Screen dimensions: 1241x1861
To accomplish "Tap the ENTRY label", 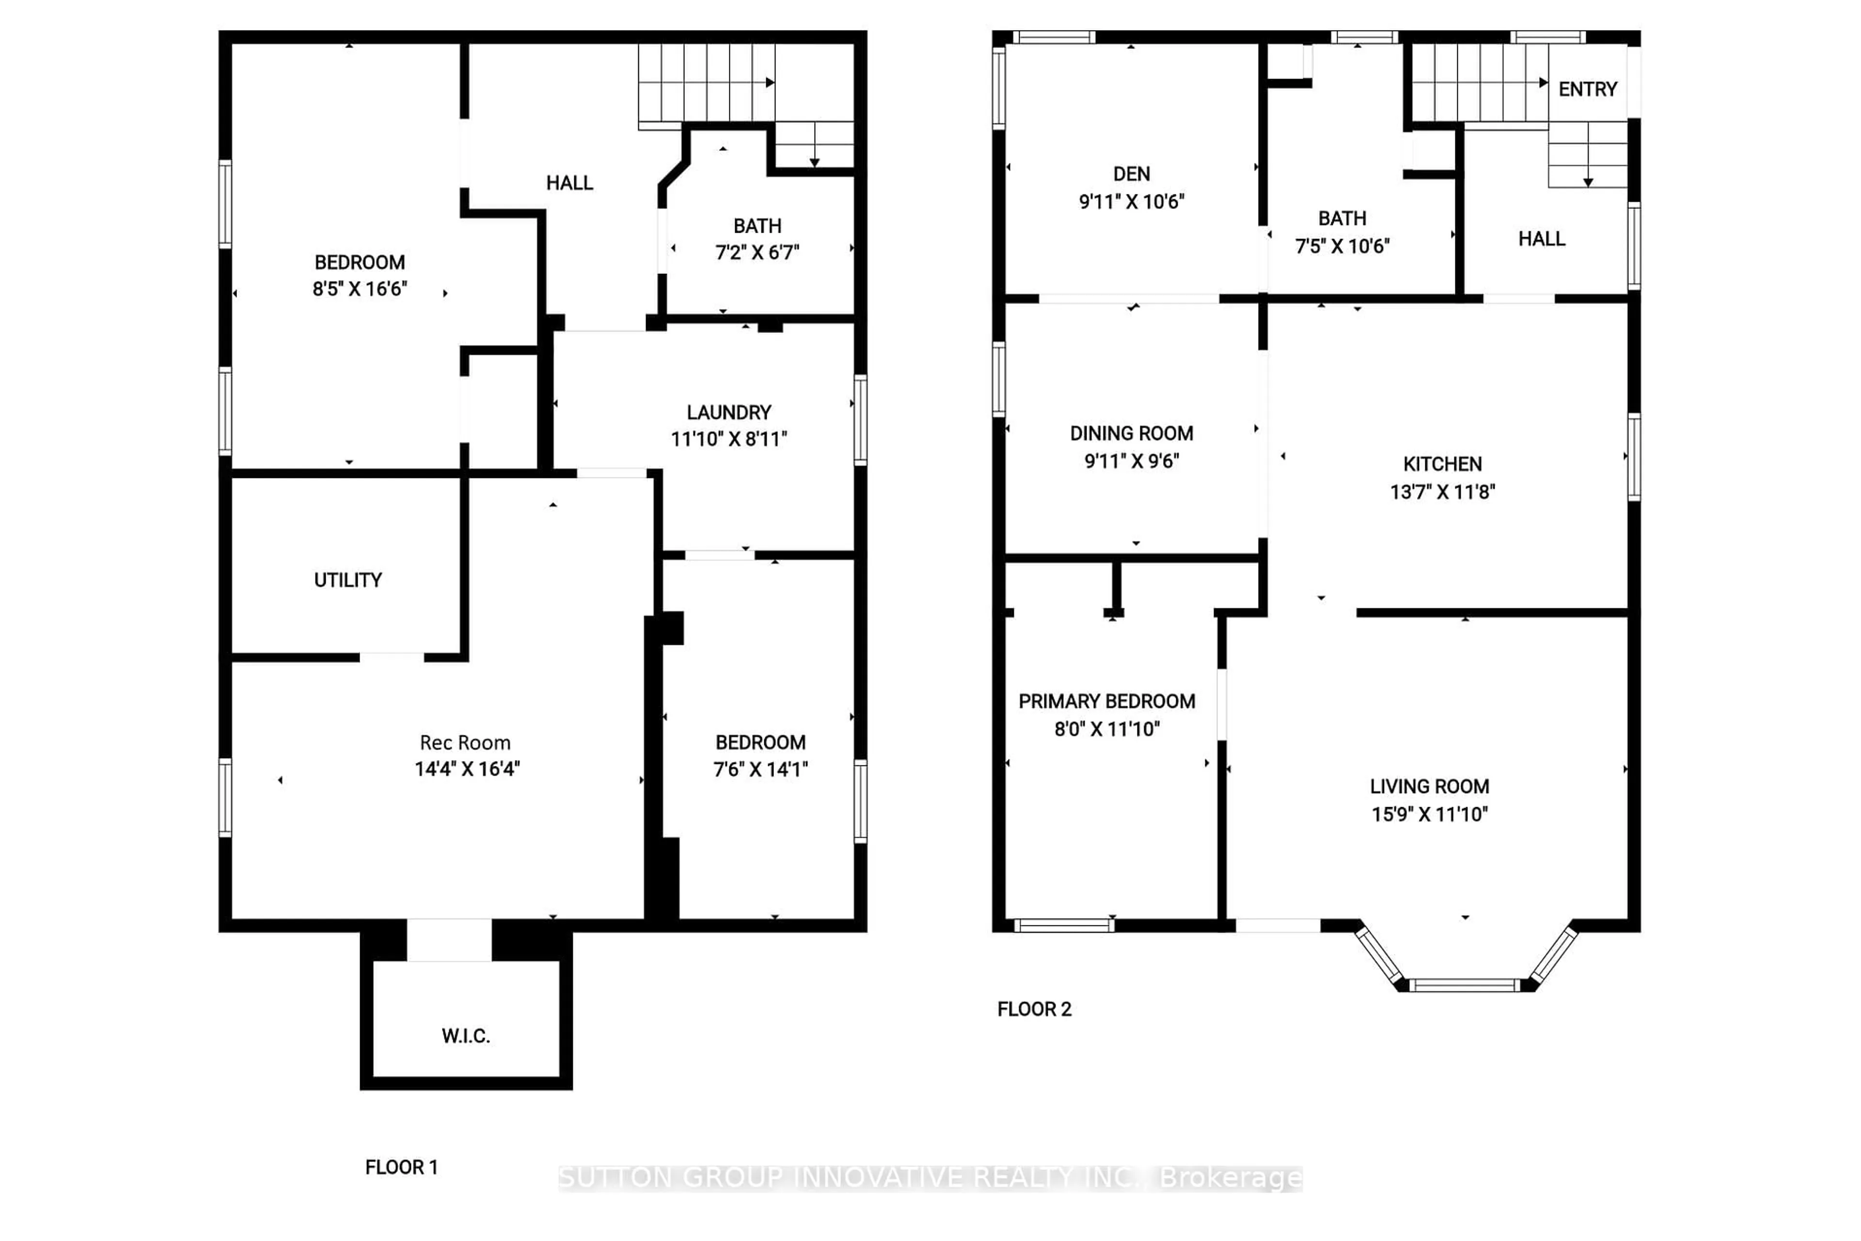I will [1587, 89].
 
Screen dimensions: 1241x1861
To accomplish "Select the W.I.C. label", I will [466, 1035].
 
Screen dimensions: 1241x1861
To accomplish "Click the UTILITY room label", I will [347, 580].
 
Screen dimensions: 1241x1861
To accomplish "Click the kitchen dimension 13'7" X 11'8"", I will [1442, 492].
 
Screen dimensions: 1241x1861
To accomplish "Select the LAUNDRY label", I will [729, 413].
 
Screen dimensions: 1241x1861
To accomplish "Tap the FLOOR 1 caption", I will [401, 1167].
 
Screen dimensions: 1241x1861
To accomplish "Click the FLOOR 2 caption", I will [1034, 1009].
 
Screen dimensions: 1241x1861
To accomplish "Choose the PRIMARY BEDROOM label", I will [1106, 701].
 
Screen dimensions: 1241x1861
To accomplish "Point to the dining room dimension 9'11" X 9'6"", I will [1132, 461].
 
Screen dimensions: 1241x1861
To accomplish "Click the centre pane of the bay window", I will [1465, 986].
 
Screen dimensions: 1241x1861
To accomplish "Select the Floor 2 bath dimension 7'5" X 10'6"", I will [1342, 246].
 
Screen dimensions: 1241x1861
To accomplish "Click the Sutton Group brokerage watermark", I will [930, 1178].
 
